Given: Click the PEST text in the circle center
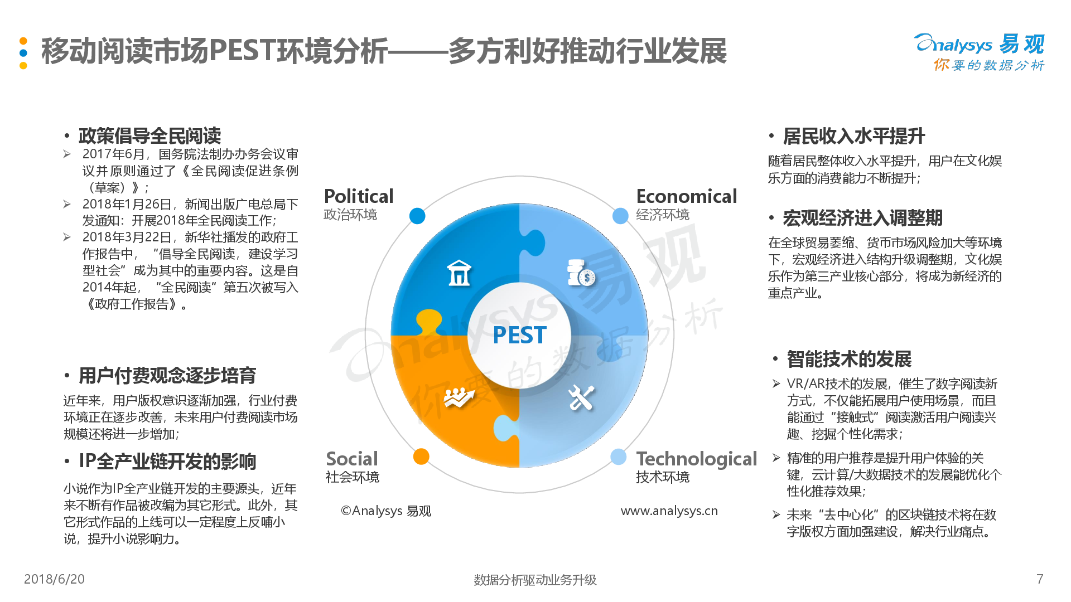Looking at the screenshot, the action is click(x=519, y=335).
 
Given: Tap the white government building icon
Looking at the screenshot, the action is click(x=459, y=273).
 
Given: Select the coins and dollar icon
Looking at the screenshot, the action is click(x=581, y=273).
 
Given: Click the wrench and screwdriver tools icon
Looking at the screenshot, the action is click(x=581, y=397).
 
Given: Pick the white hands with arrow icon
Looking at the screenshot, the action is click(x=459, y=397).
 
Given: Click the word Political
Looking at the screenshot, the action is click(x=359, y=196).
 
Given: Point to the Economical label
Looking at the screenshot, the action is click(x=687, y=196).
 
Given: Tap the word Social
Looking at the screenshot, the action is click(x=352, y=459).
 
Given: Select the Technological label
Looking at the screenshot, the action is click(x=697, y=459).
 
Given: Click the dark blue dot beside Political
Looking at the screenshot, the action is click(x=417, y=216).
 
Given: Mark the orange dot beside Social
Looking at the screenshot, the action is click(x=421, y=457).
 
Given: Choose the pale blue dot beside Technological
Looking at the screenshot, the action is click(x=618, y=457).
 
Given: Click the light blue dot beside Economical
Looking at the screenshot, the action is click(x=620, y=216).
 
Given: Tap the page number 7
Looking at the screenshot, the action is click(x=1040, y=579).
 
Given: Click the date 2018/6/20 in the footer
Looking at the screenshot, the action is click(x=54, y=579).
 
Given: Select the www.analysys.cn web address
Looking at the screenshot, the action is click(x=669, y=511).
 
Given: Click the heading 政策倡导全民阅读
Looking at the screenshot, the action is click(x=149, y=135).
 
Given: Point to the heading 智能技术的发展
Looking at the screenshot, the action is click(x=849, y=359).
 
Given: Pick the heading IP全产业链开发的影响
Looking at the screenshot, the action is click(x=167, y=461).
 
